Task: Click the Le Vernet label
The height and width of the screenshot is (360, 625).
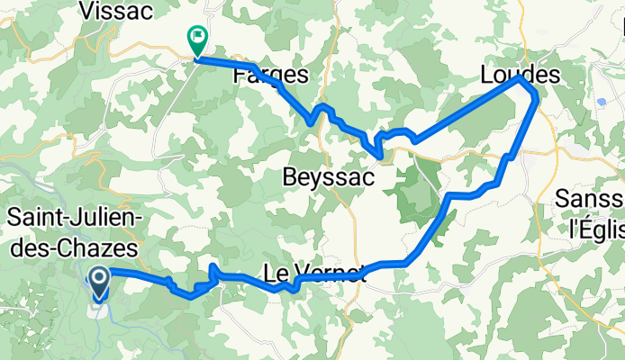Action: coord(315,271)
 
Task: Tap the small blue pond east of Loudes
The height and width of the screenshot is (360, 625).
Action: coord(601,102)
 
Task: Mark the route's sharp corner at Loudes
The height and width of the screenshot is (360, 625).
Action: coord(520,78)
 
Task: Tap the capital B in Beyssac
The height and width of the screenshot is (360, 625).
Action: coord(288,177)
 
